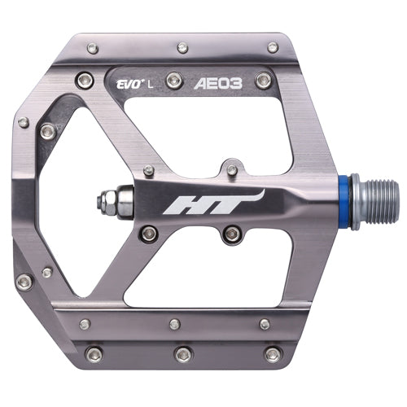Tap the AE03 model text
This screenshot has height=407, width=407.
pos(218,84)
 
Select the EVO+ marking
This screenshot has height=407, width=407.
pos(129,85)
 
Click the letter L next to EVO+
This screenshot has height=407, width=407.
pos(150,85)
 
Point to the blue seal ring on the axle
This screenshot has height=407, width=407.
pos(346,202)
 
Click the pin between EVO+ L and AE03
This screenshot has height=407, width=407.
pos(174,80)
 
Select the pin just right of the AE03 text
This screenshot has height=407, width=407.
pos(264,80)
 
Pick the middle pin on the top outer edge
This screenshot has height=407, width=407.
pos(182,48)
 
